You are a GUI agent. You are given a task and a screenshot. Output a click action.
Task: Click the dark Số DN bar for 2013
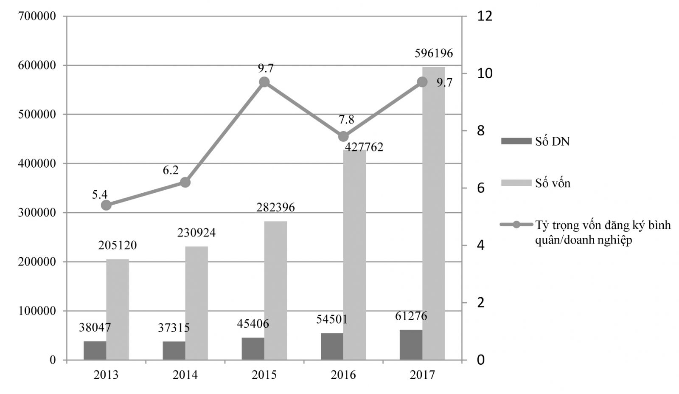95,351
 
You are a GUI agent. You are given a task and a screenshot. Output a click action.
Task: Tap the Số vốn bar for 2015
275,290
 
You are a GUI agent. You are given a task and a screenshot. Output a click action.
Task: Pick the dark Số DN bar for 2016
332,346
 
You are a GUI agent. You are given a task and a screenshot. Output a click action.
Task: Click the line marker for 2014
185,183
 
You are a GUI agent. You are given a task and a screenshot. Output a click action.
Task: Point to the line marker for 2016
343,137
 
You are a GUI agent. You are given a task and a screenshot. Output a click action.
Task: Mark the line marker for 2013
106,205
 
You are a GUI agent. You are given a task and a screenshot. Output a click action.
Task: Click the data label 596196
433,53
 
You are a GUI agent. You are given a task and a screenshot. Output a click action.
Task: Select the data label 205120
117,245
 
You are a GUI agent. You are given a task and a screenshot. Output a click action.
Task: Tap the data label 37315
174,328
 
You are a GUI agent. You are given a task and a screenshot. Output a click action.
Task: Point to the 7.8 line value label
346,120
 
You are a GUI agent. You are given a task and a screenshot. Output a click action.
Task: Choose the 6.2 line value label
171,170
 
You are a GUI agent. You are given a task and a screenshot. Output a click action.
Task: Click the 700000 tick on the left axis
37,16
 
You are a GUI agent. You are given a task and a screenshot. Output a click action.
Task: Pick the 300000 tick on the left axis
37,213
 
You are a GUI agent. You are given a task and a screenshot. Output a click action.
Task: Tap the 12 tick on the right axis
485,16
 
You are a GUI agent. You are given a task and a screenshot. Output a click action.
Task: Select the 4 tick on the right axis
480,246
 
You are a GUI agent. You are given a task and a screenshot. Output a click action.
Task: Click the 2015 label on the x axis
264,375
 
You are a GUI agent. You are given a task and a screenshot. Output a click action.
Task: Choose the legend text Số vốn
553,183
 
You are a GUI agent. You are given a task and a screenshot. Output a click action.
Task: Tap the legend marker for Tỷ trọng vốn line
516,225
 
